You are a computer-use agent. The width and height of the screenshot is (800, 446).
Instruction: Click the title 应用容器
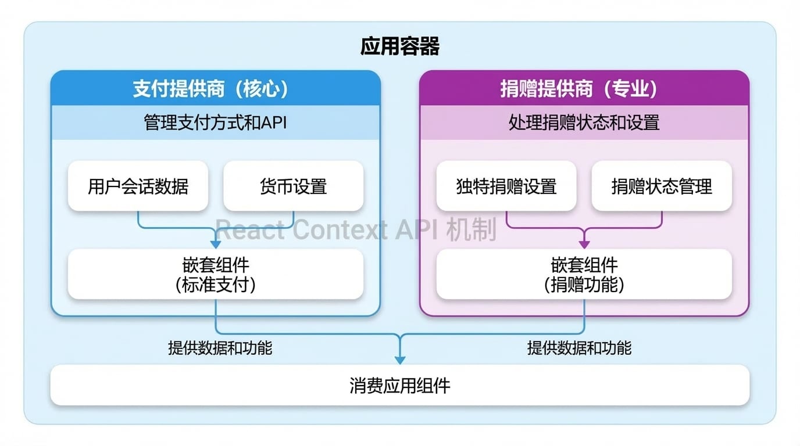[399, 46]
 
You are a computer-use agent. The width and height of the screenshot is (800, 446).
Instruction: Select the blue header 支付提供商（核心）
[215, 89]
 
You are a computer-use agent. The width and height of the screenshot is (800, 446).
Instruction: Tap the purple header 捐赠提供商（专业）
[584, 89]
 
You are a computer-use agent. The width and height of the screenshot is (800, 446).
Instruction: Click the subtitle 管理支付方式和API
[215, 123]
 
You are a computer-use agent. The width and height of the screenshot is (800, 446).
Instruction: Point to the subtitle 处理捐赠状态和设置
[584, 123]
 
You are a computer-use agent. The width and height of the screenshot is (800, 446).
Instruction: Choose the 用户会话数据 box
[138, 186]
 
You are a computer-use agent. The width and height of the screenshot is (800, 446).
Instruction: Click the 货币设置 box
[293, 186]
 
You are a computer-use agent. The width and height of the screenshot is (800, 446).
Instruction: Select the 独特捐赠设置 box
[506, 186]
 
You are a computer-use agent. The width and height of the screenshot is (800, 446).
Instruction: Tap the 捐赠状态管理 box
[662, 186]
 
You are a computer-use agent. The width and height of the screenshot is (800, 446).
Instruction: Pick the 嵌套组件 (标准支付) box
[215, 275]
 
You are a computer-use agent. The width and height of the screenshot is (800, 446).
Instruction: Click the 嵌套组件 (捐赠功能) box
[584, 275]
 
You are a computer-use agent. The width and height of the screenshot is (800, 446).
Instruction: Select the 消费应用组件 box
[399, 385]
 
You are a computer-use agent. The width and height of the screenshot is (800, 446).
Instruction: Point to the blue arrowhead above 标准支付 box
[216, 244]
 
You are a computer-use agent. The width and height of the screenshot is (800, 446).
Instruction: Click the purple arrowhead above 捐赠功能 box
[584, 244]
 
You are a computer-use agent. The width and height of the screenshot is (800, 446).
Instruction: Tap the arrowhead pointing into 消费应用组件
[400, 359]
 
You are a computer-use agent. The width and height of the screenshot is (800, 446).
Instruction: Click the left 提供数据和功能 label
[220, 348]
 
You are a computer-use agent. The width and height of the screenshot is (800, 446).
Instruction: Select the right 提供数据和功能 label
[579, 348]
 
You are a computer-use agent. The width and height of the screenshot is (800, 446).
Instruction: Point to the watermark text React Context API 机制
[356, 231]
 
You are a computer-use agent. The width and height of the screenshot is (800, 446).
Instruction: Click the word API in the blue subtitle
[274, 123]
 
